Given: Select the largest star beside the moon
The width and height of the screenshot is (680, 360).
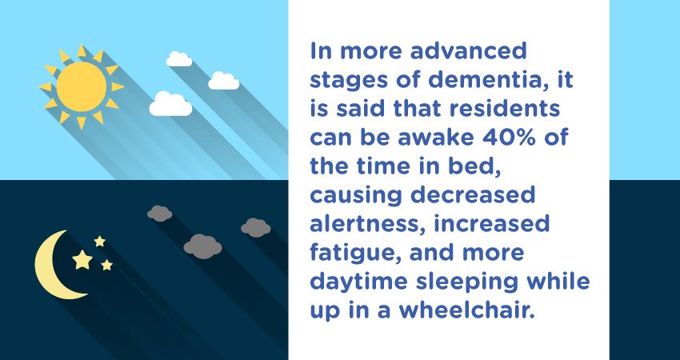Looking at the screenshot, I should coord(82,259).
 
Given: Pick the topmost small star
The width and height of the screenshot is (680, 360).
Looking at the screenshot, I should coord(100,241).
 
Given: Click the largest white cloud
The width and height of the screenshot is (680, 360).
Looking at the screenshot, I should coord(170,104).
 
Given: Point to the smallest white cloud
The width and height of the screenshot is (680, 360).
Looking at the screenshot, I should coord(178,58).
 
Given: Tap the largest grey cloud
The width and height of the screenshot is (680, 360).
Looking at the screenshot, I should coord(202,246).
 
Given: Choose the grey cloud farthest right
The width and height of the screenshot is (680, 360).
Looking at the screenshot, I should coord(255,227).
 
